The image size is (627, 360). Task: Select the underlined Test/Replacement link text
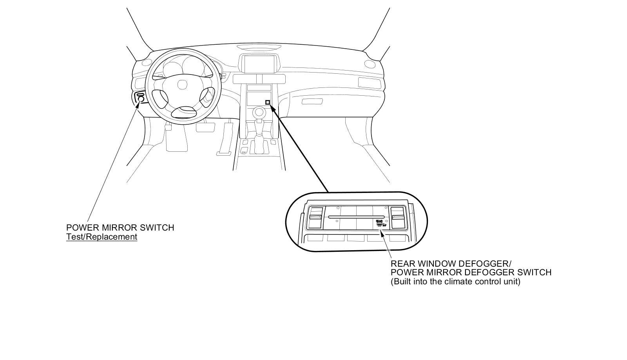coord(101,237)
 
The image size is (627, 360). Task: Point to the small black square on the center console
coord(268,102)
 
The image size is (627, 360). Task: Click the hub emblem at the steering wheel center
coord(182,85)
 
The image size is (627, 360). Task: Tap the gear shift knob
coord(258,113)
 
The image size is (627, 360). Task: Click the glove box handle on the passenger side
coord(312,101)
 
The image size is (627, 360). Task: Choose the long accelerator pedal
coord(225,139)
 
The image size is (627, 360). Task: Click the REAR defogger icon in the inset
coord(380,223)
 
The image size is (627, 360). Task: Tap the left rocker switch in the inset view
coord(315,217)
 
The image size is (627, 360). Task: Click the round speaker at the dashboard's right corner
coord(370,64)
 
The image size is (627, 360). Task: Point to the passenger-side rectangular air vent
coord(369,83)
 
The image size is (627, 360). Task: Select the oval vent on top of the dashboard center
coord(259,47)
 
